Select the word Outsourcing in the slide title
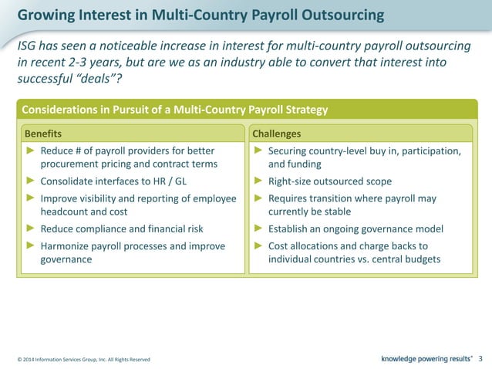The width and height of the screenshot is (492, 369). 336,15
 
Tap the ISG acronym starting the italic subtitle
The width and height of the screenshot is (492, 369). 28,47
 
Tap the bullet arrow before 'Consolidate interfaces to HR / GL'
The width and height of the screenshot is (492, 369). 31,181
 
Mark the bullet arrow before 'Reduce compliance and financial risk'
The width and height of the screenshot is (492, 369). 31,229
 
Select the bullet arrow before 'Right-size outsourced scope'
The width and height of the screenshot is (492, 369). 258,181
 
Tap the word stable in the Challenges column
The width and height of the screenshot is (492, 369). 335,212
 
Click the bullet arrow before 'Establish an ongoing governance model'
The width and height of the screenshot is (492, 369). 258,229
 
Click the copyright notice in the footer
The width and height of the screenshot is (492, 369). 83,360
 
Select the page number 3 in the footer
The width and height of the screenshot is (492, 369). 480,358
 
